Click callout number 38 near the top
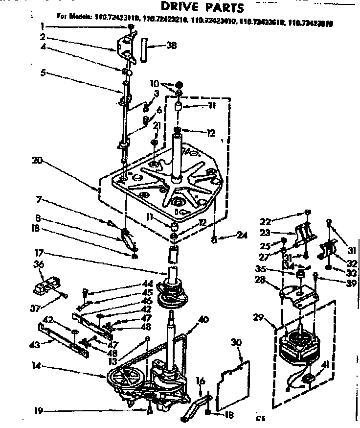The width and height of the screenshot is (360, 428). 171,46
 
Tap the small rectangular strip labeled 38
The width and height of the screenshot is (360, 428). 144,48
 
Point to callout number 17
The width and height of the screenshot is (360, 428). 40,253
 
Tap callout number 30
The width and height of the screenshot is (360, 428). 236,343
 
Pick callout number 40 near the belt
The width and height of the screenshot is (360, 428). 203,319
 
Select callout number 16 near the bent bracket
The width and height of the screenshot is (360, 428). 200,380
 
